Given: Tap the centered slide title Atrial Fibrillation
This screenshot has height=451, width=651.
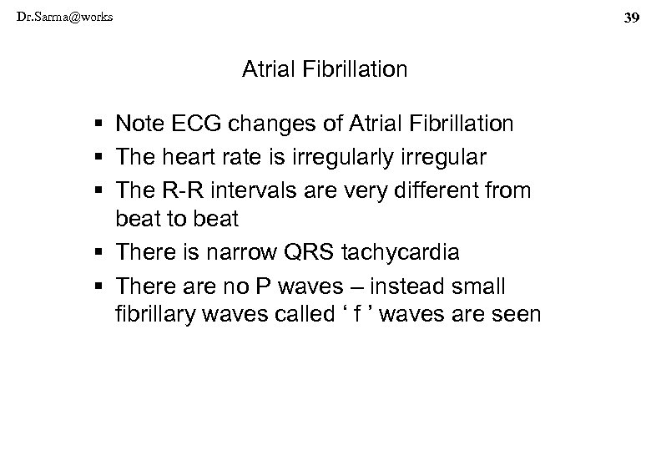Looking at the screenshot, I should (x=325, y=69).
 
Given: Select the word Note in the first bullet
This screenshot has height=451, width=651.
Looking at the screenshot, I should (x=138, y=125).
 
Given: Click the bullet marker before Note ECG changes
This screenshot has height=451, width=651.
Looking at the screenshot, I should (x=99, y=125).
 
